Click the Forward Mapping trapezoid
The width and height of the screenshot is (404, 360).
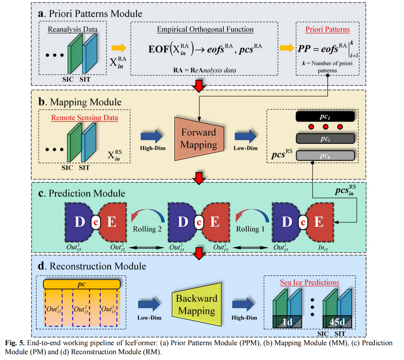[x=199, y=139]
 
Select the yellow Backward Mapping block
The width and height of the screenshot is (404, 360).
[x=197, y=304]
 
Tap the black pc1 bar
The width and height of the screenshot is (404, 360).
[x=325, y=117]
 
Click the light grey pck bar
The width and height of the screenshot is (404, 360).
[x=325, y=156]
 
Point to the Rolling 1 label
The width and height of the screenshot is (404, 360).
[x=252, y=229]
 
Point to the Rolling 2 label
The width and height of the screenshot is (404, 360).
[x=147, y=229]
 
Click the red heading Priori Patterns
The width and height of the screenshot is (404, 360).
[x=328, y=29]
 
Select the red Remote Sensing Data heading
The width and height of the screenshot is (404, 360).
[x=84, y=118]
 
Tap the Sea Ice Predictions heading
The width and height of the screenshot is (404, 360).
[x=309, y=282]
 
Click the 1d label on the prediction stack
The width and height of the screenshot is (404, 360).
[x=287, y=322]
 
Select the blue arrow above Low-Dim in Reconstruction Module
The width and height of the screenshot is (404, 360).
[x=149, y=304]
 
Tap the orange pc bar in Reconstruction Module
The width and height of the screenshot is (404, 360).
[x=82, y=284]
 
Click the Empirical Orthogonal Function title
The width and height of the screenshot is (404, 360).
[x=205, y=29]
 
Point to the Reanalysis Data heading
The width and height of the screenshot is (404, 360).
[x=72, y=29]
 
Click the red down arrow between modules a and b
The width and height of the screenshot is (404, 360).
[x=199, y=86]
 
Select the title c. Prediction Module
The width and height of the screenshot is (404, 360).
[x=82, y=193]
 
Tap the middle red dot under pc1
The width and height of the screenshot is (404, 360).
[x=325, y=127]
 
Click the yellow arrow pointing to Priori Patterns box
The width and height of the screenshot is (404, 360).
[x=287, y=48]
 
